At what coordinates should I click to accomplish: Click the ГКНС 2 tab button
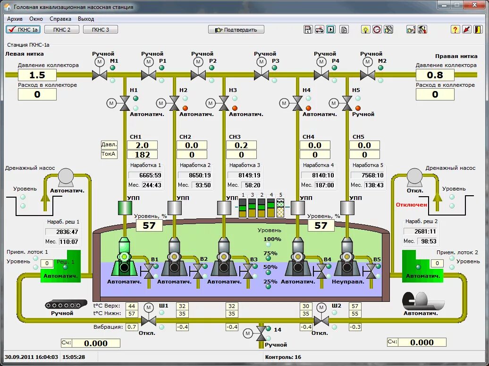(x=62, y=29)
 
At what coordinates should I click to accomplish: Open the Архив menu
(x=15, y=19)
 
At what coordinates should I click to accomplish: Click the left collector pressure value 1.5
(x=37, y=75)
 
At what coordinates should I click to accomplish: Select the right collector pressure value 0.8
(x=435, y=75)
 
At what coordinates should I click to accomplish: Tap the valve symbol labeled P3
(x=261, y=75)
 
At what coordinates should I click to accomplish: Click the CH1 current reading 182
(x=142, y=155)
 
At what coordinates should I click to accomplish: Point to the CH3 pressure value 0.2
(x=241, y=145)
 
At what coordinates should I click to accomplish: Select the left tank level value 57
(x=149, y=225)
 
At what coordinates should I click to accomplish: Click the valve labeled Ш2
(x=321, y=321)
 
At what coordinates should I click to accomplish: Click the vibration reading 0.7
(x=132, y=327)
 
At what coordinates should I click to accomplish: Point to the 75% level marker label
(x=270, y=253)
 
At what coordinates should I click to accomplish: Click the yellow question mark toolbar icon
(x=455, y=29)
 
